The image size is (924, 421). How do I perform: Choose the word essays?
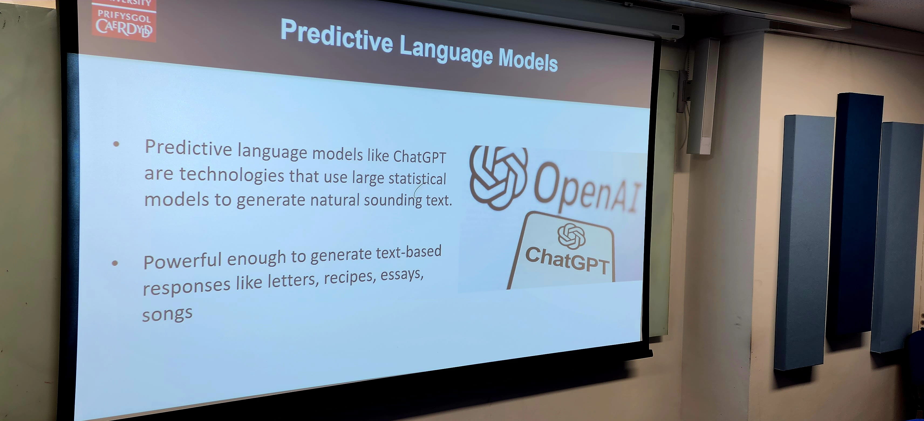402,274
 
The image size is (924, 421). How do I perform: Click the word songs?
167,314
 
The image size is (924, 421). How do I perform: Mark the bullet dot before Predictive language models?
116,144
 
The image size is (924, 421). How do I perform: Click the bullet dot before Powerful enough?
115,263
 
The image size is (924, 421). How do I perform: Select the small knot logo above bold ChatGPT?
571,236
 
